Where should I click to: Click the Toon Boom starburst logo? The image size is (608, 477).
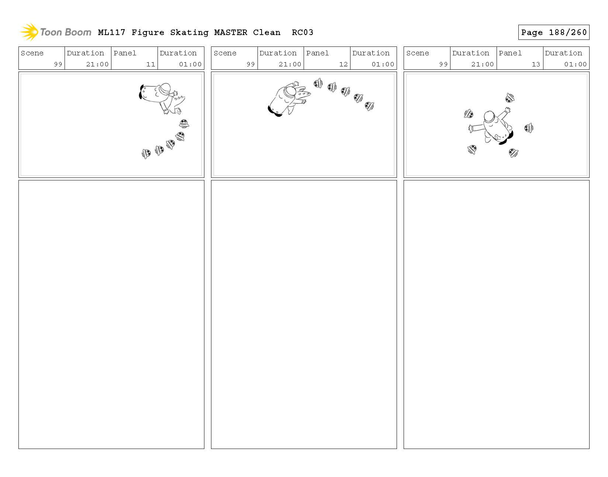29,32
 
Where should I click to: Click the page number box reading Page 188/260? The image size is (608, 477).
553,32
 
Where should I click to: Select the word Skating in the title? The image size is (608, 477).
189,33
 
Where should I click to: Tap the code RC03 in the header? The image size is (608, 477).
303,32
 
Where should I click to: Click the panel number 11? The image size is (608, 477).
151,64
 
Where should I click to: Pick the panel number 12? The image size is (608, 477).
343,64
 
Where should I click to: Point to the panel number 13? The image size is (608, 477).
536,64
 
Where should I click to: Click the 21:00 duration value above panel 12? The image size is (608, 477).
290,64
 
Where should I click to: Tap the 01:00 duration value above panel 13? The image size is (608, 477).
575,64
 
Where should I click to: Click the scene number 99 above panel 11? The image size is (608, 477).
58,64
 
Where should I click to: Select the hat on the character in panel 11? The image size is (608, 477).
165,89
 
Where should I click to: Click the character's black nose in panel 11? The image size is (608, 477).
141,92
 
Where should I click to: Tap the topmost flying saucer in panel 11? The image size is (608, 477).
184,123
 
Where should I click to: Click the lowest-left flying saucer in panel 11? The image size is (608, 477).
146,154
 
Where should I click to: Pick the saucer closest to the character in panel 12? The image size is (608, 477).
318,83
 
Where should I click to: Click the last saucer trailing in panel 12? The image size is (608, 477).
369,106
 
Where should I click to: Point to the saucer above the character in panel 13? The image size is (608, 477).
510,98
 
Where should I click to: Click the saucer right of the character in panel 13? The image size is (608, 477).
529,128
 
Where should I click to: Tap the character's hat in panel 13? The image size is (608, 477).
489,117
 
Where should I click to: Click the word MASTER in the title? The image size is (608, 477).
231,32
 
